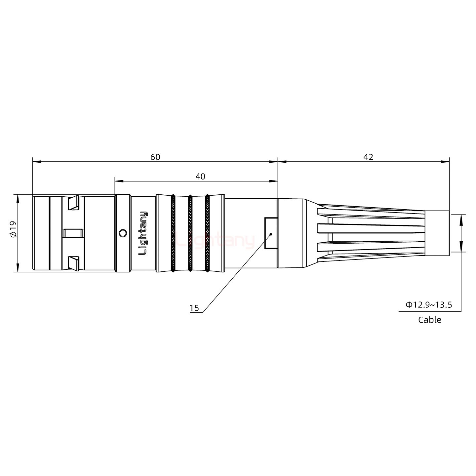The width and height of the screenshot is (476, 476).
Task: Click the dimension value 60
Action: click(155, 157)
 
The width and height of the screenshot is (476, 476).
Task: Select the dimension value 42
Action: click(368, 157)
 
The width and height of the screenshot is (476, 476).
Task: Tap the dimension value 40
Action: click(200, 177)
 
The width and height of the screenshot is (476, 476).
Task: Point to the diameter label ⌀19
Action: click(13, 229)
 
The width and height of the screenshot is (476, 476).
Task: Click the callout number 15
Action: click(194, 308)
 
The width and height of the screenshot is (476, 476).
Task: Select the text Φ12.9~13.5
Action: click(429, 304)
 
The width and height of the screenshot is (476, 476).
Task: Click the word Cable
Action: click(429, 320)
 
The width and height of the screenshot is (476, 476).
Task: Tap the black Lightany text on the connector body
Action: click(143, 233)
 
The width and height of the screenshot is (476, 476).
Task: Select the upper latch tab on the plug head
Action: click(73, 203)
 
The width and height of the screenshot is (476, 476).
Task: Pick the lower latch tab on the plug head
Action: click(73, 263)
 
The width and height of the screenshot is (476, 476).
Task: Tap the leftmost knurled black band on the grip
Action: click(173, 233)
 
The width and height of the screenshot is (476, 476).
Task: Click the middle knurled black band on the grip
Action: click(190, 233)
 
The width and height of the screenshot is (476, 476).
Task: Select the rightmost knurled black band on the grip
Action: click(207, 233)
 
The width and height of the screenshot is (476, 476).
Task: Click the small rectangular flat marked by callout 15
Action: click(271, 233)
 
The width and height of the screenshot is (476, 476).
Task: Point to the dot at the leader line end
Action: click(271, 234)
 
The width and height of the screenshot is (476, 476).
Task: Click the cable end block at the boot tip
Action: click(437, 233)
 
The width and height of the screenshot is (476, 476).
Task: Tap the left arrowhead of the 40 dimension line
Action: click(119, 181)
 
